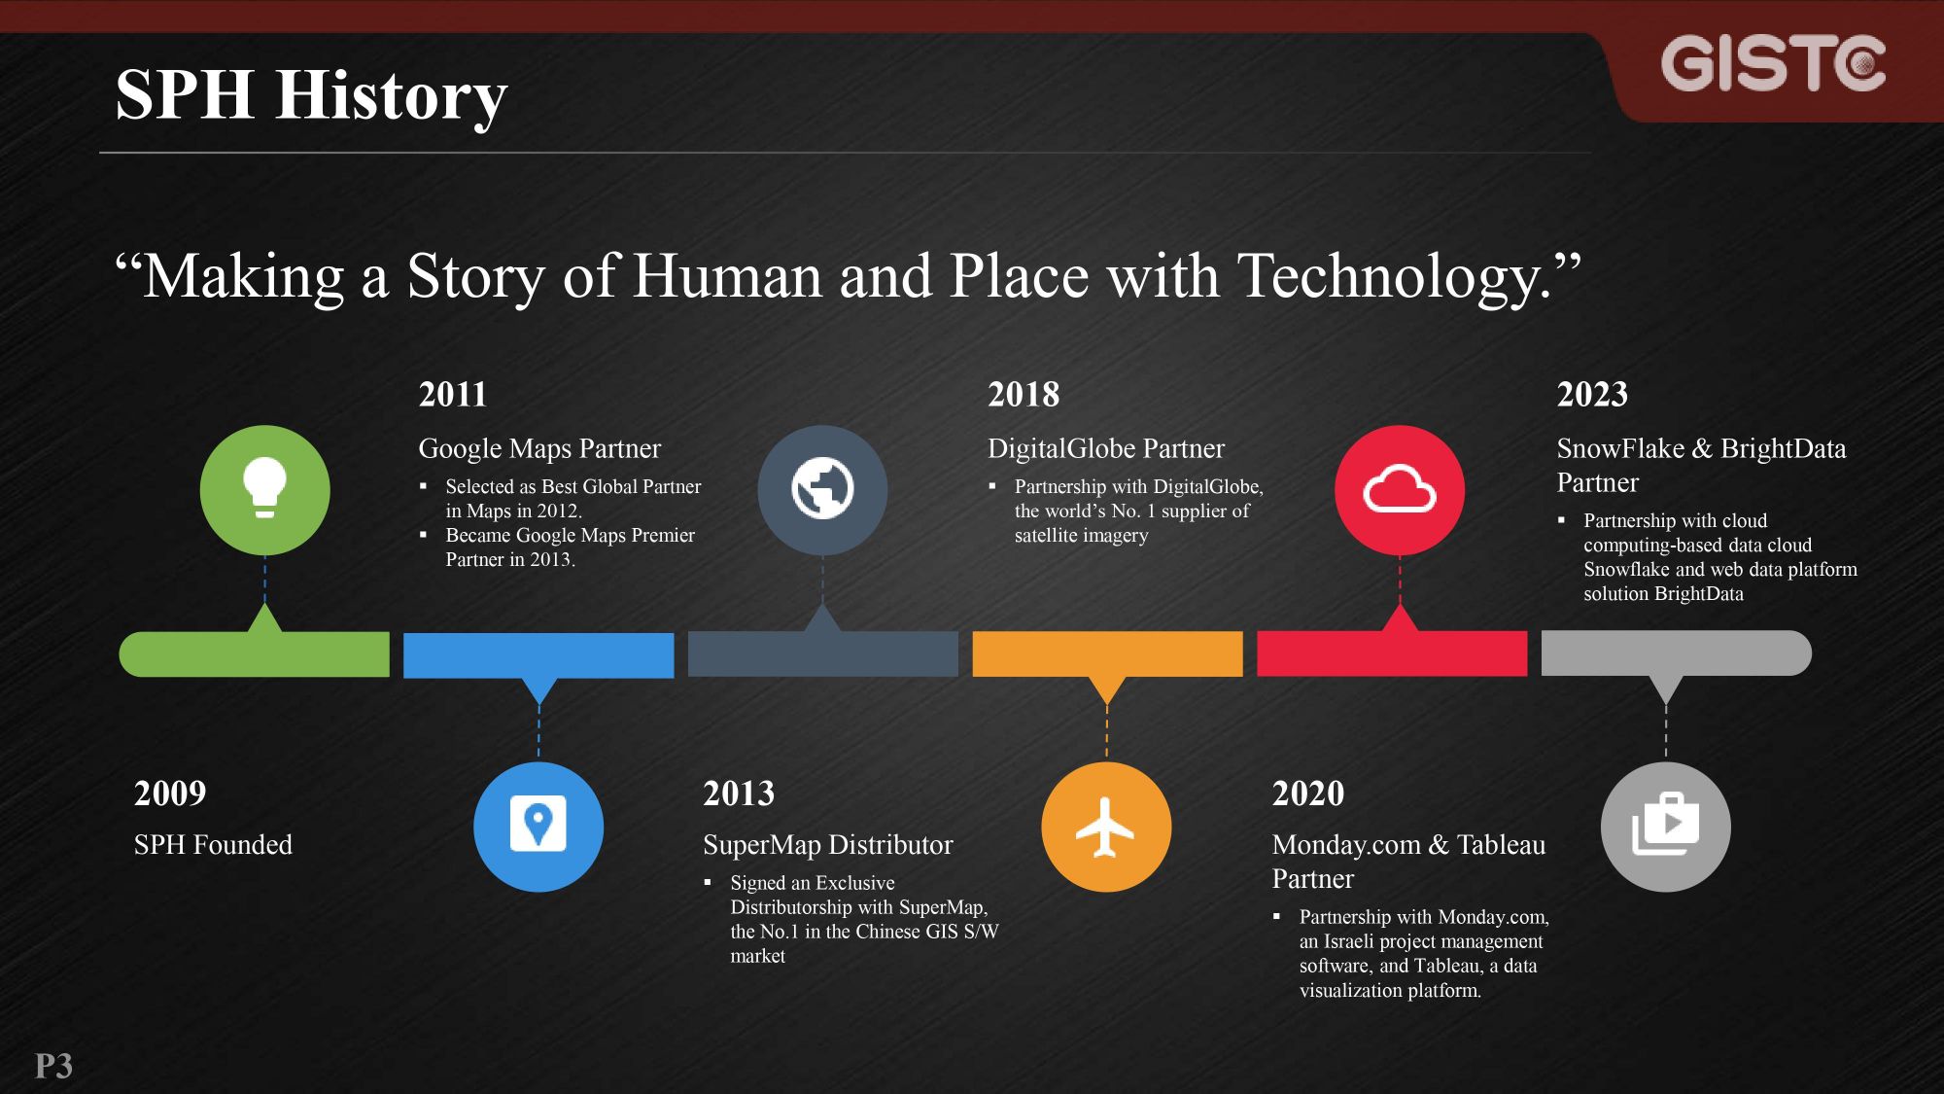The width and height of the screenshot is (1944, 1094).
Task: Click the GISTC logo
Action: point(1773,64)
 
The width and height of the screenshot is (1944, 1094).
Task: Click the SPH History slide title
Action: point(311,95)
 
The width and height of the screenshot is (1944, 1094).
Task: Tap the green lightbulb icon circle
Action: point(264,490)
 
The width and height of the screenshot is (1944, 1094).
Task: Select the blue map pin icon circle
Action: point(538,827)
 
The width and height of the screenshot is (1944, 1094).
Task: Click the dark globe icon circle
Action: point(822,490)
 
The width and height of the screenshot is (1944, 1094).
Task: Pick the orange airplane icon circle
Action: point(1106,827)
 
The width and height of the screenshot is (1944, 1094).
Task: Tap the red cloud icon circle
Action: point(1400,490)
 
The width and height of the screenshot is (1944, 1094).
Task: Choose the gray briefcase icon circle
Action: point(1666,827)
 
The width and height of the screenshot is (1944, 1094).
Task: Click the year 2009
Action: point(170,794)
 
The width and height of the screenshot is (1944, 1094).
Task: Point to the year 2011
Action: point(453,394)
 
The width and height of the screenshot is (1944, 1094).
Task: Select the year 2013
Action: point(739,794)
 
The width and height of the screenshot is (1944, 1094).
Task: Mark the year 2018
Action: point(1024,394)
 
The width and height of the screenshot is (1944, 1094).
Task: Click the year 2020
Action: point(1308,794)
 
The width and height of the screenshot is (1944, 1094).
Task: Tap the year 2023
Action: point(1592,394)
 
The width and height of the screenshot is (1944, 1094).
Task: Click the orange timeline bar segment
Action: point(1107,654)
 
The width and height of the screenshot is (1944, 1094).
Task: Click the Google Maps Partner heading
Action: point(539,448)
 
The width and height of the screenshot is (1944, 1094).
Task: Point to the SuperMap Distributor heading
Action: point(828,844)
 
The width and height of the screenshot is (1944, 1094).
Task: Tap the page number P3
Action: point(54,1066)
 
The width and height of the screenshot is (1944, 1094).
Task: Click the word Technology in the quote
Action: point(1394,276)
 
